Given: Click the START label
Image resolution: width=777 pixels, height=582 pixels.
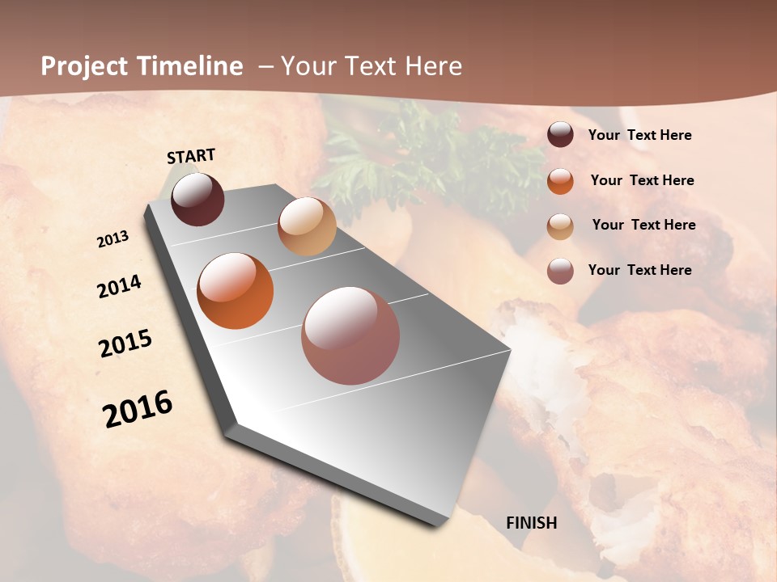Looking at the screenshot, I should pos(192,156).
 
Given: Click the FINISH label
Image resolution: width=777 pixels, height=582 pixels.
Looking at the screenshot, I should pos(532,523).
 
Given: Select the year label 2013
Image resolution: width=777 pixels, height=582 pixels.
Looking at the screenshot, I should pos(113,239).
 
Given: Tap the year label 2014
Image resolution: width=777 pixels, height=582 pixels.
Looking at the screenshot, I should pos(119,286).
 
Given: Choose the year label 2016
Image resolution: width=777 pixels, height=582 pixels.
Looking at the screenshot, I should pos(138,409).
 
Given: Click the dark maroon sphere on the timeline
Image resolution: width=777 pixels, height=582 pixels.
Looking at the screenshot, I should pos(198,200).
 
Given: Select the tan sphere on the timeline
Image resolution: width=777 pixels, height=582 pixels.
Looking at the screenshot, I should pos(307,226).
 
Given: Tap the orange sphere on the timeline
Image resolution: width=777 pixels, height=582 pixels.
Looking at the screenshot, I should pos(236,291).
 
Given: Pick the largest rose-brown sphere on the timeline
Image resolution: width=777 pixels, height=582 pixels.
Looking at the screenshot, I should pos(350,335).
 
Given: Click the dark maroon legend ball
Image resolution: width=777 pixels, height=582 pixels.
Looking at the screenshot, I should pos(560,135).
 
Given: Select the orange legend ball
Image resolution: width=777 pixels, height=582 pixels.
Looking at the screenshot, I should pos(560,181).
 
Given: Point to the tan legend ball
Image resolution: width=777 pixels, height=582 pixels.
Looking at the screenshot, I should pos(560,226).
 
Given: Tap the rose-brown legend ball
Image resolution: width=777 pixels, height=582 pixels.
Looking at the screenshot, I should pos(560,271).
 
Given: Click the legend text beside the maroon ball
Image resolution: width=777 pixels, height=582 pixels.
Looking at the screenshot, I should pos(640,135).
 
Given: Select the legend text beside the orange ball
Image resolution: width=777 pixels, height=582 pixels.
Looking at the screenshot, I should pos(643,180).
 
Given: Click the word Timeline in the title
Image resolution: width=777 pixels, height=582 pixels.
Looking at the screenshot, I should pos(189,66).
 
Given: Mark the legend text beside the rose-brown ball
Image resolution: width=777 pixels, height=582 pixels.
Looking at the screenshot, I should pos(640,270).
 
